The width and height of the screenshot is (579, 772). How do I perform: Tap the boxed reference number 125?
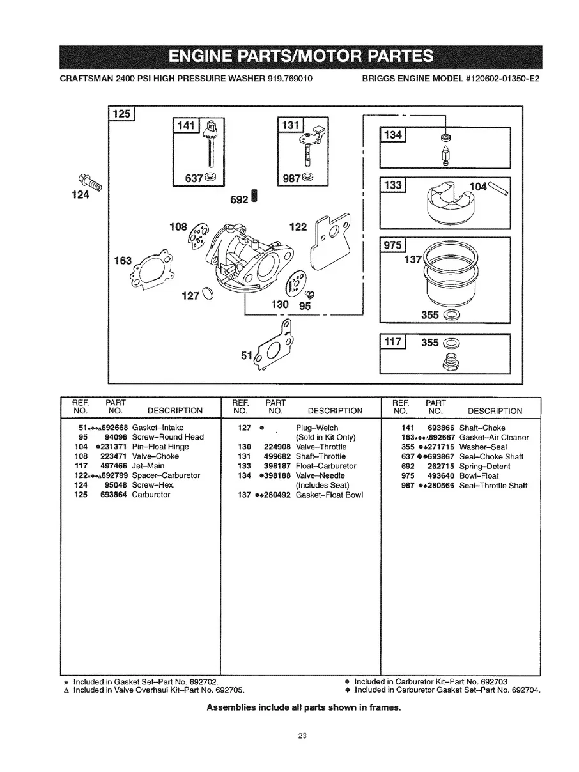coord(121,114)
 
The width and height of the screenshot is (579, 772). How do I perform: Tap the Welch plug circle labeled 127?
coord(207,294)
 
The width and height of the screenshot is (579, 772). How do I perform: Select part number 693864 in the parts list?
coord(114,495)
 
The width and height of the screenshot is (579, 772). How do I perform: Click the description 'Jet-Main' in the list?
coord(148,466)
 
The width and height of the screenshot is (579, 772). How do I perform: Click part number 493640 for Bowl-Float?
coord(441,475)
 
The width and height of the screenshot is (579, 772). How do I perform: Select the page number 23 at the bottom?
coord(303,736)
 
